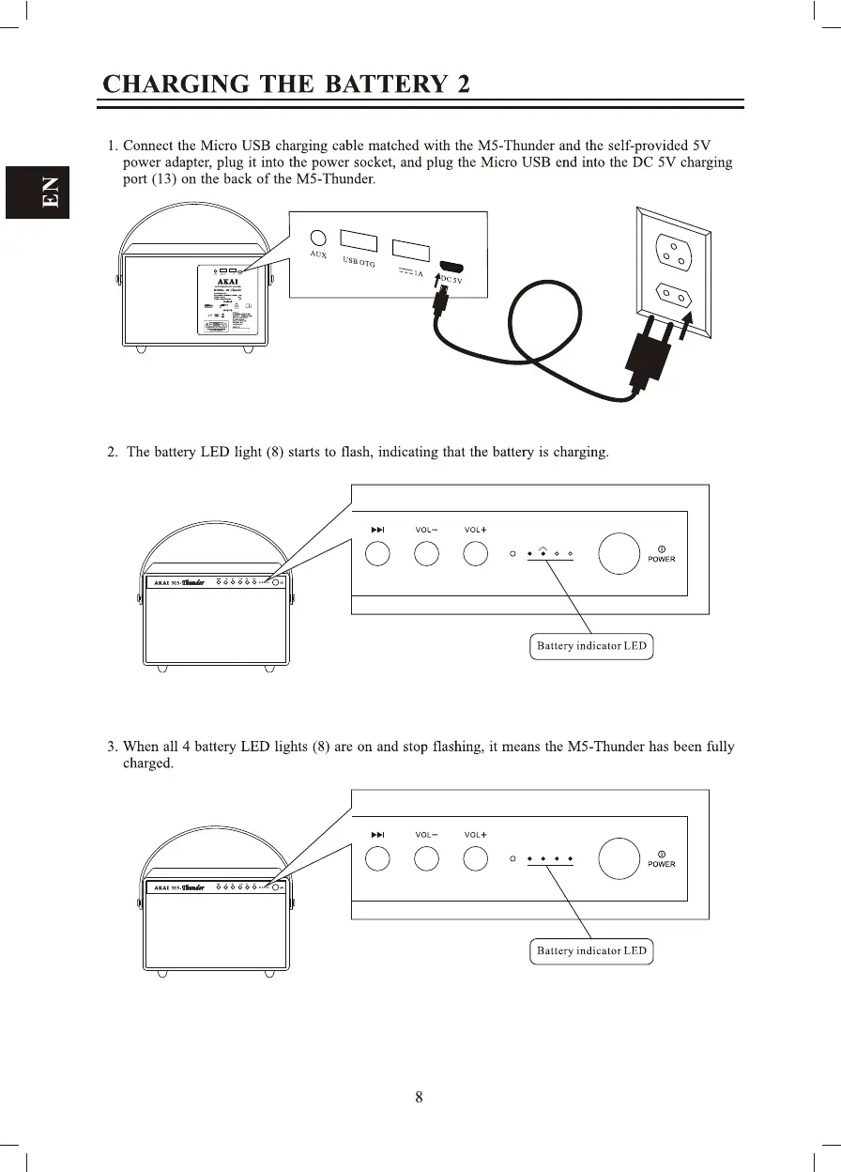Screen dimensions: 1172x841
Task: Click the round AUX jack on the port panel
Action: [318, 239]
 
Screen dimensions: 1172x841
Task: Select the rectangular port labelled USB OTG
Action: [359, 241]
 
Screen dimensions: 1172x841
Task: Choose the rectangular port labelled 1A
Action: [410, 251]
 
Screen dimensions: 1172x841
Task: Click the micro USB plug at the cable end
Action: [440, 301]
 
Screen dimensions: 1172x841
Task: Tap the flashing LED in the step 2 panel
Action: [543, 553]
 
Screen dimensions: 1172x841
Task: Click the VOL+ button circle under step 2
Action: [475, 554]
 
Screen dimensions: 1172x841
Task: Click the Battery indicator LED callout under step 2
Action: [591, 646]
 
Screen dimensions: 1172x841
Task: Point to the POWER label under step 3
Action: [661, 864]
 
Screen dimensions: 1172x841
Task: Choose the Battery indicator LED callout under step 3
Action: [591, 950]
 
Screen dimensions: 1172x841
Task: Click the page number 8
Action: [420, 1097]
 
